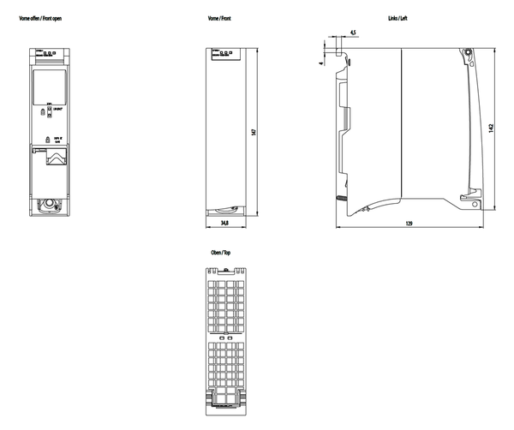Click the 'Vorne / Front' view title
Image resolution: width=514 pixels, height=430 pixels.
(220, 17)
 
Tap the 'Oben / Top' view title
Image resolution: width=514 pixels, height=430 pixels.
(220, 254)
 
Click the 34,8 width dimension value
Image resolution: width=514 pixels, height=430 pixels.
(224, 223)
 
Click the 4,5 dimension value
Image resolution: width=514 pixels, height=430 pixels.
(352, 33)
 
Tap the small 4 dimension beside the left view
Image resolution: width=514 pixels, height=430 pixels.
(321, 62)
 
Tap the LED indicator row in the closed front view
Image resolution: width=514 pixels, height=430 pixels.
(225, 52)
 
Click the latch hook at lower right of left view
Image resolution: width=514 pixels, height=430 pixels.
(469, 198)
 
